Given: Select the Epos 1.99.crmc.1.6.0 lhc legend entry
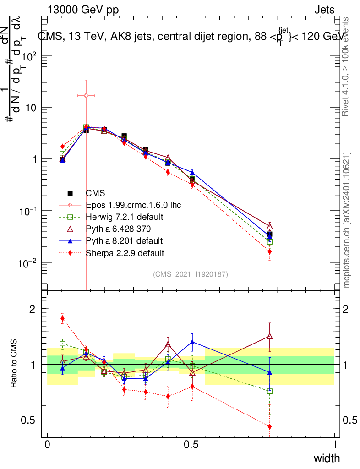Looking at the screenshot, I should (x=134, y=205).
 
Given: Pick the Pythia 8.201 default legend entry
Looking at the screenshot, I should (x=124, y=240).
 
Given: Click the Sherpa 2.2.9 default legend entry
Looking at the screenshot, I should (x=125, y=252).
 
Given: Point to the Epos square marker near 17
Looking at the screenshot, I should (x=86, y=95).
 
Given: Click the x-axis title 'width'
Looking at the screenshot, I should (x=327, y=458).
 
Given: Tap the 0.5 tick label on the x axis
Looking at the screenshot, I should (x=191, y=445).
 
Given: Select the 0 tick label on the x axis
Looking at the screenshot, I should (x=47, y=445).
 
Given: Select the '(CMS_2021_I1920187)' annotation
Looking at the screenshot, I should (x=191, y=274).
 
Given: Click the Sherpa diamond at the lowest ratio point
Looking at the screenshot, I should (x=269, y=426).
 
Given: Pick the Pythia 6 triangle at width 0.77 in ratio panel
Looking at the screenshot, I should (x=269, y=337).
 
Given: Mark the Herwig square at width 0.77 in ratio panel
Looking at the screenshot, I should (x=269, y=391).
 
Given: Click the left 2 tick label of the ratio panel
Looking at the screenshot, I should (x=33, y=309).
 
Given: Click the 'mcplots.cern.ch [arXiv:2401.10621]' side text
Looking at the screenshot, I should (x=347, y=220).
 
